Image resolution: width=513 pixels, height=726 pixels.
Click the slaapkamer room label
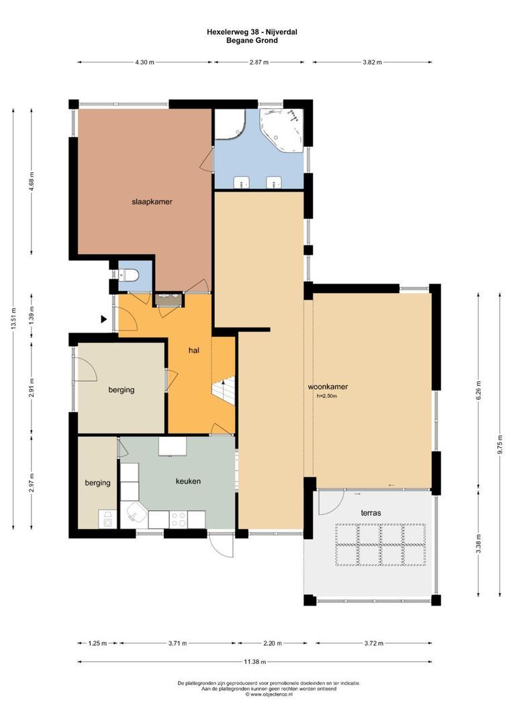[152, 202]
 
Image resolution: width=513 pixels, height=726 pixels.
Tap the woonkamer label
[328, 387]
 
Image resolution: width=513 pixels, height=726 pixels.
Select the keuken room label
[188, 481]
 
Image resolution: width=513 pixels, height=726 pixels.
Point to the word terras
[371, 513]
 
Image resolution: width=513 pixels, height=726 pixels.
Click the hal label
[194, 350]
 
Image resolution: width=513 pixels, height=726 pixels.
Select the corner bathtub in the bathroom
[281, 130]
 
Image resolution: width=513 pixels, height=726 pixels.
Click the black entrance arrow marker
[104, 319]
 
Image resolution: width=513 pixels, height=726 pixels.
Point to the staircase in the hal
[224, 391]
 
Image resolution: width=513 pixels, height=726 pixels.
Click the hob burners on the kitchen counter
[178, 519]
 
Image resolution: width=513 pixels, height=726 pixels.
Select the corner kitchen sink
[134, 514]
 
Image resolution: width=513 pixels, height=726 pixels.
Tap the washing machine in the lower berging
[107, 519]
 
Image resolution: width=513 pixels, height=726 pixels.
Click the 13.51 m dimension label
[13, 319]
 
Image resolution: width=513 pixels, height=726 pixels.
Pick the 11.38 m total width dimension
[255, 661]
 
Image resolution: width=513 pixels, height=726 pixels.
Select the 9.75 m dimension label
[500, 445]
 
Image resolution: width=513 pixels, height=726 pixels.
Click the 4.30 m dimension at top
[144, 62]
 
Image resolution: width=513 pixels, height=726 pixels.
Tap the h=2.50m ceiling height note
[326, 396]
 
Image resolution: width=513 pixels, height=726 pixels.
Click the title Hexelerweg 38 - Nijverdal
[252, 32]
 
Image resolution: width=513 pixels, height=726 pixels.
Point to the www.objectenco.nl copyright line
[269, 694]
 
